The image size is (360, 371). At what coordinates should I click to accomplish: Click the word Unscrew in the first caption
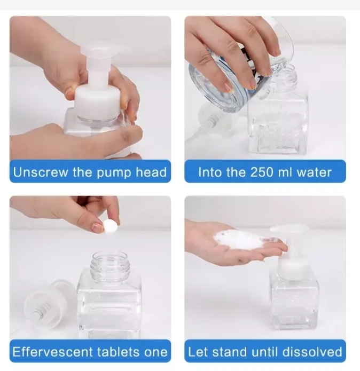coord(40,172)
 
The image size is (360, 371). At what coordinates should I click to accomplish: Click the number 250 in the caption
coord(261,172)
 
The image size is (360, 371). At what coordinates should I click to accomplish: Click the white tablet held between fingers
coord(111,227)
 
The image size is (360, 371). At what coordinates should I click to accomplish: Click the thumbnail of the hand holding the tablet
coord(97,227)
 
